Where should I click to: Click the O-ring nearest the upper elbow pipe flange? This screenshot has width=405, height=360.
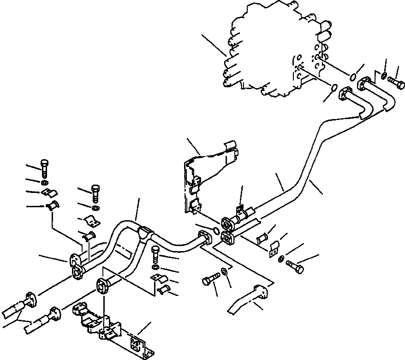click(x=353, y=76)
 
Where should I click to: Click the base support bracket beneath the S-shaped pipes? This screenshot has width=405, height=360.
click(x=111, y=323)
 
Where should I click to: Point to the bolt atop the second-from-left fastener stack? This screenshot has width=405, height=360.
click(x=95, y=192)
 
